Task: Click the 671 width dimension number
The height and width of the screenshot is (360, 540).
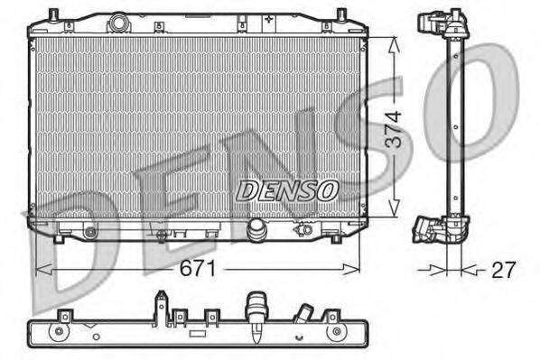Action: pyautogui.click(x=198, y=268)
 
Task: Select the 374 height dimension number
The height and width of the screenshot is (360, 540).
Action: pyautogui.click(x=393, y=129)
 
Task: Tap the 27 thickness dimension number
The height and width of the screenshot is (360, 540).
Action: pyautogui.click(x=504, y=270)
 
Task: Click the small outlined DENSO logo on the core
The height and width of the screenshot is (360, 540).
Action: pyautogui.click(x=287, y=190)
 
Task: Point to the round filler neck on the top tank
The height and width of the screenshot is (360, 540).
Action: pyautogui.click(x=119, y=23)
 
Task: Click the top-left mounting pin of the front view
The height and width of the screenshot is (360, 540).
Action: pyautogui.click(x=53, y=14)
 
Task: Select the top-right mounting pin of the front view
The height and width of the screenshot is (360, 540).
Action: pyautogui.click(x=340, y=14)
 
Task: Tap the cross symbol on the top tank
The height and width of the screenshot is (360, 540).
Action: pyautogui.click(x=269, y=19)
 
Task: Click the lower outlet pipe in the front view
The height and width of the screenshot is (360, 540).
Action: pyautogui.click(x=256, y=228)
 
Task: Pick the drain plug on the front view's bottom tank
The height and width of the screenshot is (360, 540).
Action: pyautogui.click(x=303, y=228)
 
